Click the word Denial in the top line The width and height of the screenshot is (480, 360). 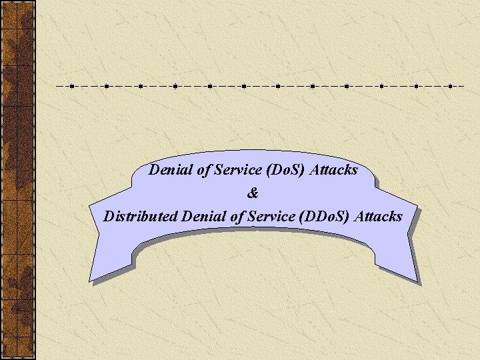pos(171,170)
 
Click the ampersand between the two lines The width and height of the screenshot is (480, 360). pos(252,193)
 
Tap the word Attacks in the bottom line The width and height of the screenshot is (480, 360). pos(379,217)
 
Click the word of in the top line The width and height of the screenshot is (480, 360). pos(204,170)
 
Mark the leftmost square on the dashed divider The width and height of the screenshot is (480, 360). pos(71,86)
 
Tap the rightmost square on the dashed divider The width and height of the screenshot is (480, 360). pos(450,86)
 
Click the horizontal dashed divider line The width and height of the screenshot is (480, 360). pos(260,86)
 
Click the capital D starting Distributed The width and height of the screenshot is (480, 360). pos(109,217)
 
